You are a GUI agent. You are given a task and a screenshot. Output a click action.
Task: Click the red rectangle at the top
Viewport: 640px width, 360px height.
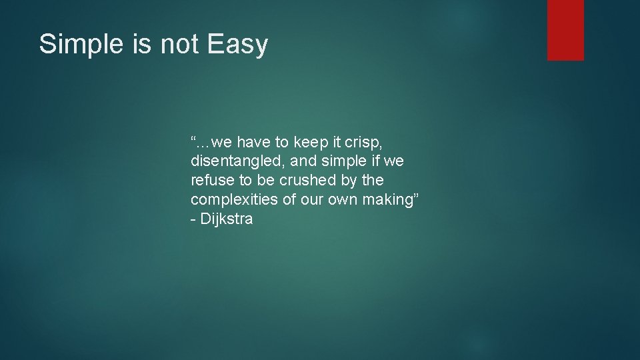(x=565, y=29)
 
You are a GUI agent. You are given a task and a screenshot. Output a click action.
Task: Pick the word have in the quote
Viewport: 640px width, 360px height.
(x=253, y=141)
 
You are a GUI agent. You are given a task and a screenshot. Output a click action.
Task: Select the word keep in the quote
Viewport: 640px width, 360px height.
(x=309, y=141)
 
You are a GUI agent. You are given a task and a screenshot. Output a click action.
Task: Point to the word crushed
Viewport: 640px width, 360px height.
(x=307, y=180)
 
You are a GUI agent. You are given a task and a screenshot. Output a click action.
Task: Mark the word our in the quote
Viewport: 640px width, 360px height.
(x=310, y=199)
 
